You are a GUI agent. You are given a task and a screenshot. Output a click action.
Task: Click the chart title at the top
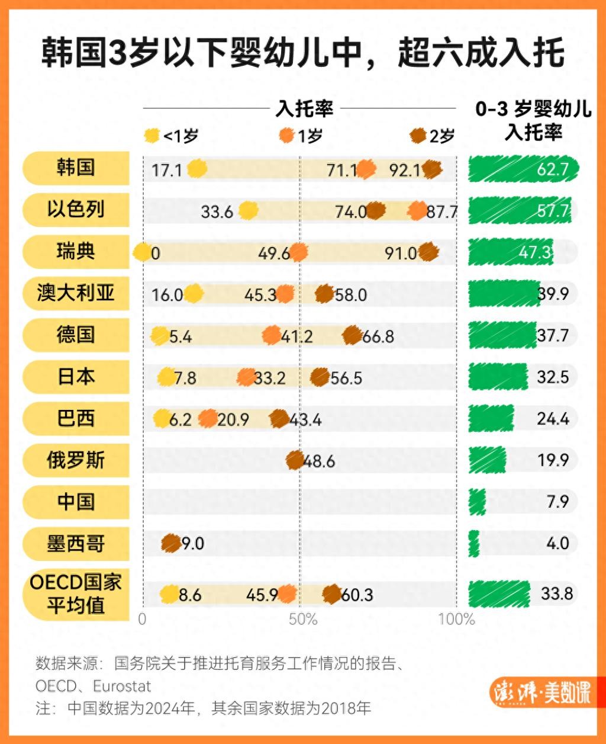point(302,54)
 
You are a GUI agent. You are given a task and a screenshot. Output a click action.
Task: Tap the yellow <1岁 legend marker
point(151,136)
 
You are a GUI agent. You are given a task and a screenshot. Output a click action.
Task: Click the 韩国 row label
point(76,168)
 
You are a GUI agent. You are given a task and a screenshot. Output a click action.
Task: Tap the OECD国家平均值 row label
point(76,594)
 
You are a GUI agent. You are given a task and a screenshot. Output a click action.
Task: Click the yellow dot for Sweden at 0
point(142,252)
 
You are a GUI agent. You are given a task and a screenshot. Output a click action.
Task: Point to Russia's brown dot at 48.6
point(295,460)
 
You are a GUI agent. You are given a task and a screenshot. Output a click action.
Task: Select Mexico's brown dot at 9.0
point(170,543)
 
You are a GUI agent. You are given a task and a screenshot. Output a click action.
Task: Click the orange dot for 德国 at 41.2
point(271,335)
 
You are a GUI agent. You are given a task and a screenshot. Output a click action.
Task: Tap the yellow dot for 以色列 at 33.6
point(249,210)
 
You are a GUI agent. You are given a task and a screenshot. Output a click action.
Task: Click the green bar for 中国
point(477,502)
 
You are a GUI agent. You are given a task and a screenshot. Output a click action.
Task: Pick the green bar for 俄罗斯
point(487,460)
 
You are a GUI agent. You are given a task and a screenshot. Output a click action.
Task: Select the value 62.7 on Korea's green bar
point(552,170)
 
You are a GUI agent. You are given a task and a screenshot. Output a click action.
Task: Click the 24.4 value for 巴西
point(553,419)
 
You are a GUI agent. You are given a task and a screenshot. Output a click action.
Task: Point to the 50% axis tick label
point(303,620)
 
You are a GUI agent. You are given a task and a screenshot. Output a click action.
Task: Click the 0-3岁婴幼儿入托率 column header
point(533,121)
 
